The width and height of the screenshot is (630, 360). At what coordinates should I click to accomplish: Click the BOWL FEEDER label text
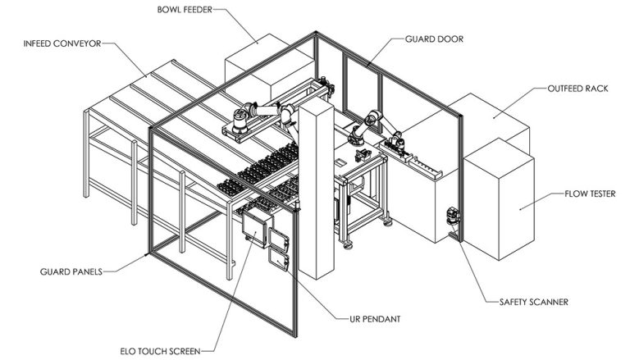186,10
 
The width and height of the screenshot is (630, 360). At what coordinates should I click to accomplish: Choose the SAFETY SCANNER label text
533,302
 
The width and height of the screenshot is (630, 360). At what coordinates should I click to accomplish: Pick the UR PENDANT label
367,316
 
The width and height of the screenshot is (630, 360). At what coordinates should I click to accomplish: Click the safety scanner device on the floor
450,218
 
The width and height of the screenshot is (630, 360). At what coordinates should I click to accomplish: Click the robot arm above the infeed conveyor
254,115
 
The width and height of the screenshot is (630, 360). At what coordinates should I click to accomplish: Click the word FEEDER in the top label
201,10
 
